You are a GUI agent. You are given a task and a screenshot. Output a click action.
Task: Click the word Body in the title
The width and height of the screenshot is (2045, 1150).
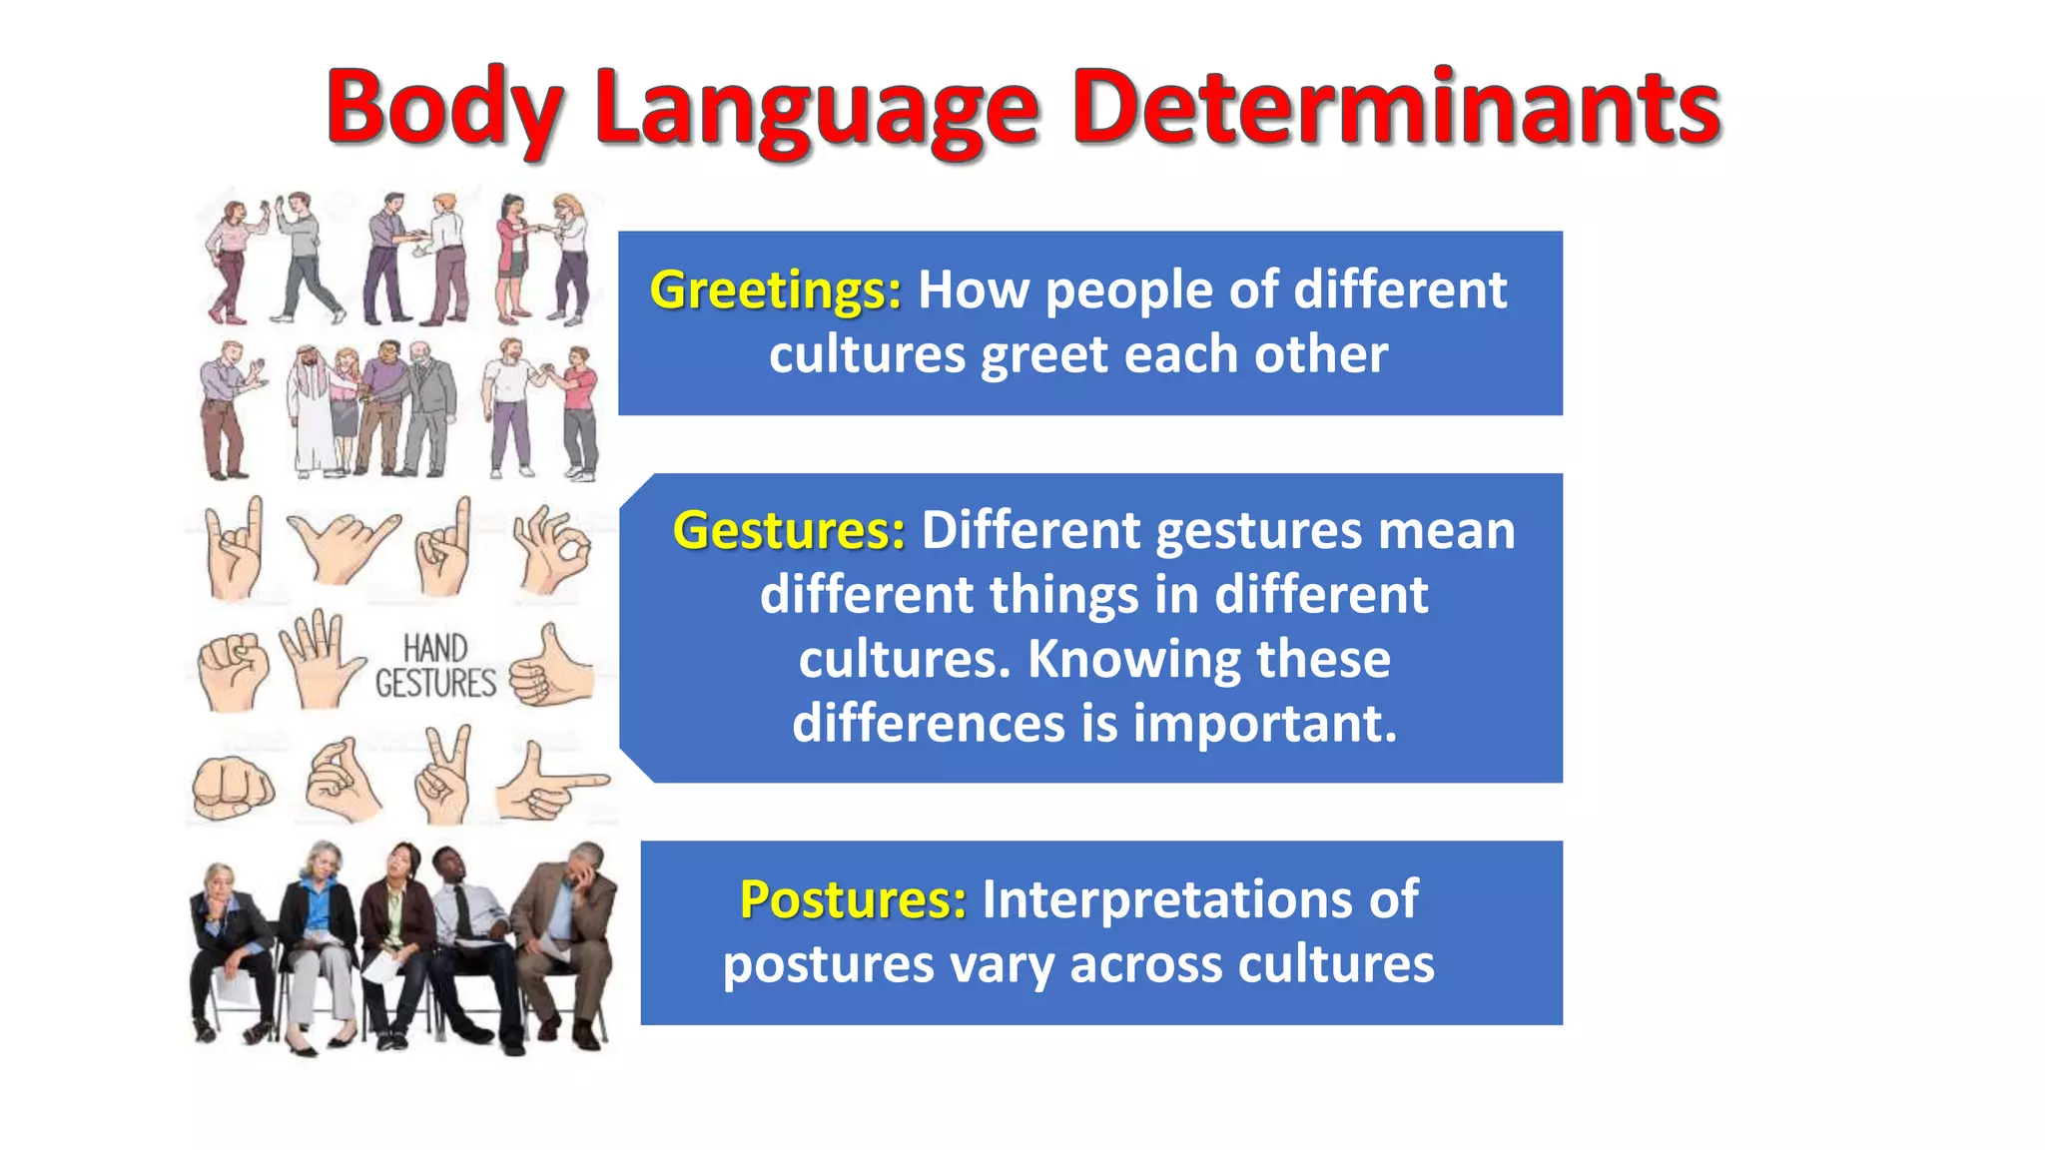pos(444,107)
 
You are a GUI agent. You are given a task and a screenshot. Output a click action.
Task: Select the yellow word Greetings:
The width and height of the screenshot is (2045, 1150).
pos(775,290)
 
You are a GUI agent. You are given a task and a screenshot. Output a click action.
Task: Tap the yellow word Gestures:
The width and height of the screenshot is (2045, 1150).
pos(789,530)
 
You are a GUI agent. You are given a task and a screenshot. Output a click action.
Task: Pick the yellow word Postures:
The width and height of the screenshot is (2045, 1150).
pos(853,899)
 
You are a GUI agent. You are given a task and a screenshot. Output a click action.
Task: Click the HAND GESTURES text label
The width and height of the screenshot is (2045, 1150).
pos(435,666)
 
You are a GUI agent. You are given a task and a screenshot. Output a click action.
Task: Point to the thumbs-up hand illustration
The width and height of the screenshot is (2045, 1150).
pos(551,669)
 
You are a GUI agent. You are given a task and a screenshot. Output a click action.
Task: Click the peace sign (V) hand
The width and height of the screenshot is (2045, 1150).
pos(443,775)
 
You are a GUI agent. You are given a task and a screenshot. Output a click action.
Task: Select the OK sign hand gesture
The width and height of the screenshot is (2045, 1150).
pos(551,548)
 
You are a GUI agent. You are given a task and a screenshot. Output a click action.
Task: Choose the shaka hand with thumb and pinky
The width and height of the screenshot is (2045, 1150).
pos(341,546)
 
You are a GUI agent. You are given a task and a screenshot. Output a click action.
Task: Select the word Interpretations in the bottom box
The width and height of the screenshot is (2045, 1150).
pos(1199,899)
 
